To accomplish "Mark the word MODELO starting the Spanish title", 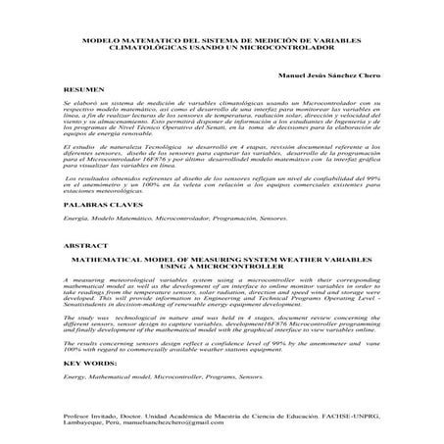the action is point(98,38).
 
